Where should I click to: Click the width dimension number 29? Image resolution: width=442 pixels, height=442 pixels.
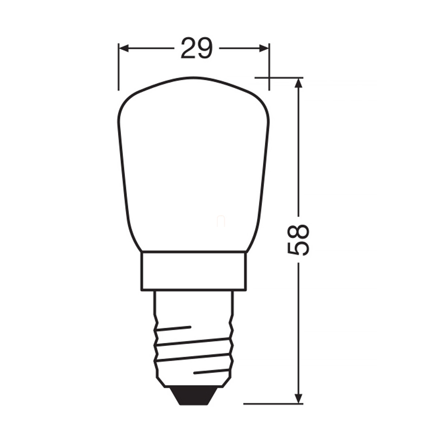[x=197, y=48]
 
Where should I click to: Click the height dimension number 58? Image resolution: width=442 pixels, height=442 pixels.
[x=298, y=239]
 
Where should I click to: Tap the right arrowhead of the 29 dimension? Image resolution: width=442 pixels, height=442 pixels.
[x=264, y=48]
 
